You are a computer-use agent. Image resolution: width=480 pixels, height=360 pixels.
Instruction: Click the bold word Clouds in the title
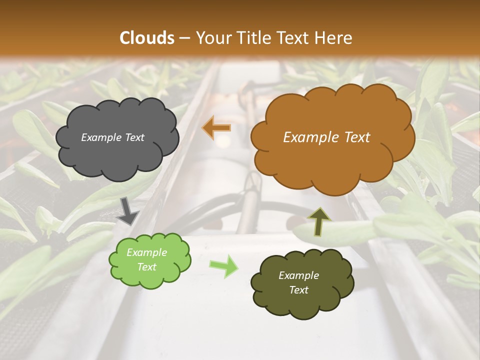pyautogui.click(x=147, y=38)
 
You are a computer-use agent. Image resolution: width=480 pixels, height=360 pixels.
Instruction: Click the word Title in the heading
pyautogui.click(x=252, y=38)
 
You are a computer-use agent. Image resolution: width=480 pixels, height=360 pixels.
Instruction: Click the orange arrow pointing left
pyautogui.click(x=216, y=128)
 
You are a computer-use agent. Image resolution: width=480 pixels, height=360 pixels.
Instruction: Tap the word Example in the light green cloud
pyautogui.click(x=146, y=253)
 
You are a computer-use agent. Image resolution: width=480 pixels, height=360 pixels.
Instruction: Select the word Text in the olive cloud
pyautogui.click(x=298, y=290)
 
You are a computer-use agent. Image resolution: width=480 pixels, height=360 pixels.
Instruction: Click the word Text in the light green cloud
pyautogui.click(x=146, y=267)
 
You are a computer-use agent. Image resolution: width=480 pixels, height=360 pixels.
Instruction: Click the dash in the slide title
pyautogui.click(x=184, y=38)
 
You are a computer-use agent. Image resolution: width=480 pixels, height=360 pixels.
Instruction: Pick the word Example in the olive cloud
pyautogui.click(x=298, y=275)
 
